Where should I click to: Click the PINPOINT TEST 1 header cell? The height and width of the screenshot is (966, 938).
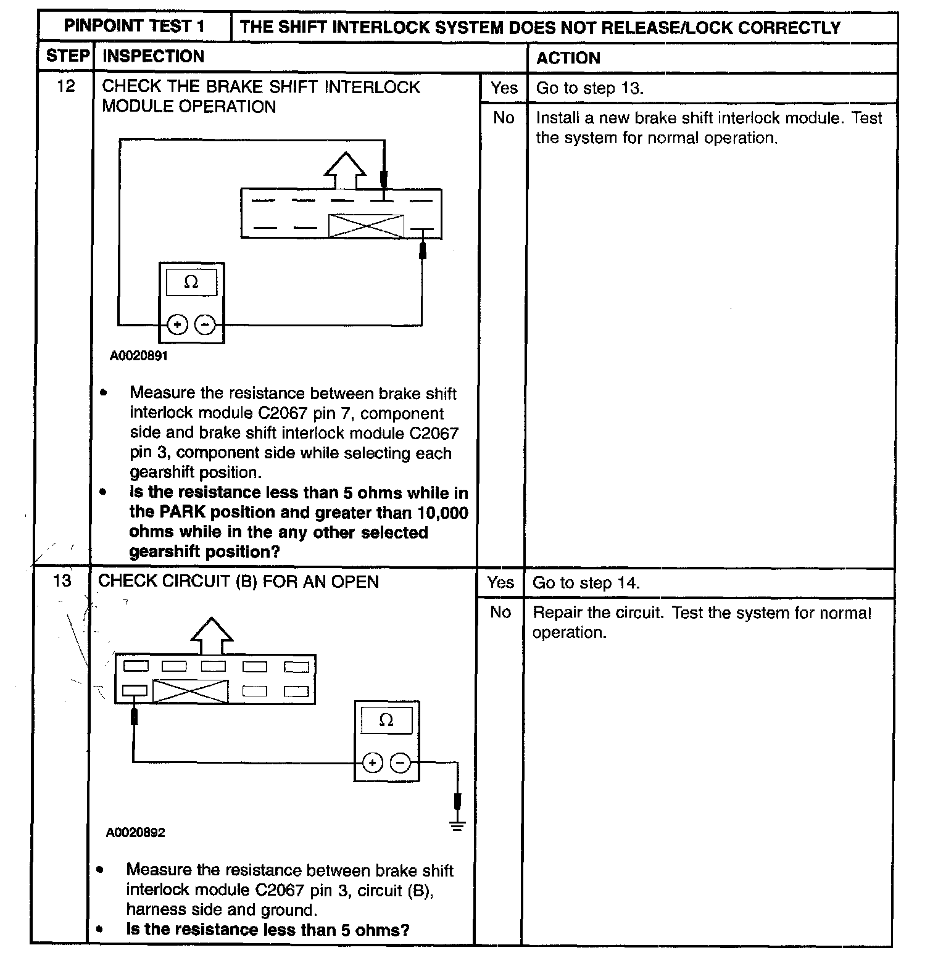135,27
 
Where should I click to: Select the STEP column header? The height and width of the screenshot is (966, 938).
67,56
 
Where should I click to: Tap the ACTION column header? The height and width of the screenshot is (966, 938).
568,58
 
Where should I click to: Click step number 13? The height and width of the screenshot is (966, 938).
62,581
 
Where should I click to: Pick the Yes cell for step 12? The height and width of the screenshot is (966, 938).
504,88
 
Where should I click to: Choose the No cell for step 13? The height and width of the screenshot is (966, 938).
500,612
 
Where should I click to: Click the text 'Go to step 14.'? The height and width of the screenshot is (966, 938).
586,583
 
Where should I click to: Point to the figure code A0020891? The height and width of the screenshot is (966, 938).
139,356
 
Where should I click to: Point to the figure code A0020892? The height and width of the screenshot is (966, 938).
136,833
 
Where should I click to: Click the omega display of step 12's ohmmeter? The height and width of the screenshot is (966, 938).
191,283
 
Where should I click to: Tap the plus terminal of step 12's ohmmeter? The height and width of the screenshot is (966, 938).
177,324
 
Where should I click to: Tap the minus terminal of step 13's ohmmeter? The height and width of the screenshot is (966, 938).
401,763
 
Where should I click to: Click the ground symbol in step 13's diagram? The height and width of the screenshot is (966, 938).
457,825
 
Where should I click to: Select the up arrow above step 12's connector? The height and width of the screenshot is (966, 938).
344,169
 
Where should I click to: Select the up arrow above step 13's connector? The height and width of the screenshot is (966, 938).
212,635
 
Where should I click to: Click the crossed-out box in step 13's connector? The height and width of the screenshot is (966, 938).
190,691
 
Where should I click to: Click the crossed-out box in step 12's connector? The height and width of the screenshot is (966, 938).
366,226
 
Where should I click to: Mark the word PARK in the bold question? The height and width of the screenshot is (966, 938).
183,513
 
